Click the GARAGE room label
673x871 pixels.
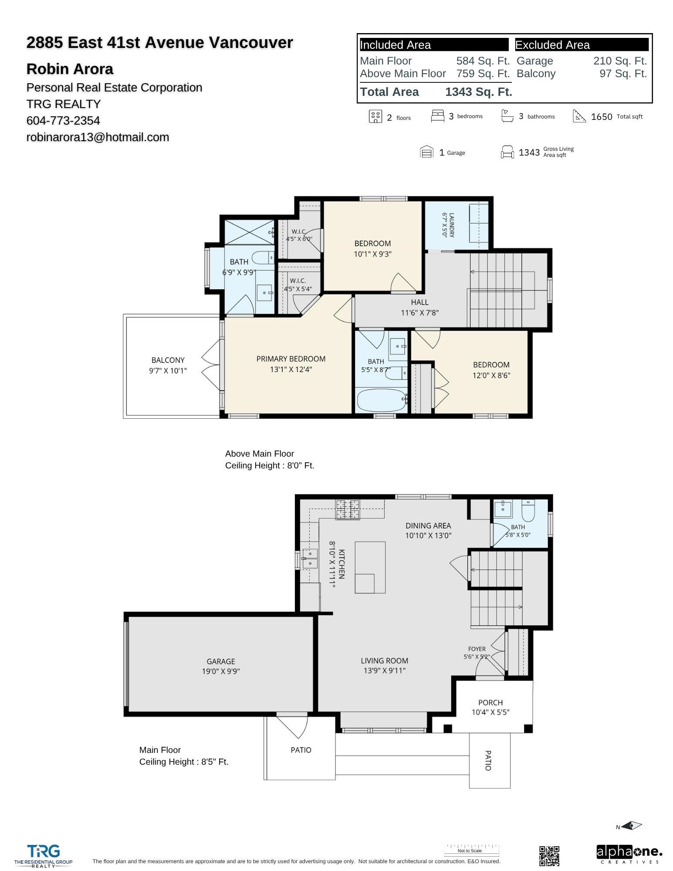[221, 661]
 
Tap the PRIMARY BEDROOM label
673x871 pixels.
[291, 359]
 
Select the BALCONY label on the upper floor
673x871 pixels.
[168, 360]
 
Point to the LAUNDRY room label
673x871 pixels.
[451, 225]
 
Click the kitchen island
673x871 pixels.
[370, 567]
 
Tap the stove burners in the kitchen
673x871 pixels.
[347, 510]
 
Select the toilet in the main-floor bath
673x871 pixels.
[528, 511]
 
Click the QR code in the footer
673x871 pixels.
[549, 856]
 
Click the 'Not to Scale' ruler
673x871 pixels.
[472, 850]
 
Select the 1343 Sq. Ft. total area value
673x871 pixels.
[479, 92]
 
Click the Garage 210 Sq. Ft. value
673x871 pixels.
[620, 61]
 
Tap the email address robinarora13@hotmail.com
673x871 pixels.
[98, 137]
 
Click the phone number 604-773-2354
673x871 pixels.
[63, 121]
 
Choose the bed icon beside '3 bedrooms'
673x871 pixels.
[438, 116]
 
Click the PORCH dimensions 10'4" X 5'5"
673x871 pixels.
[490, 712]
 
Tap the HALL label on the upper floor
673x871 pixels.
[420, 302]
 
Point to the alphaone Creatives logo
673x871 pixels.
[629, 854]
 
